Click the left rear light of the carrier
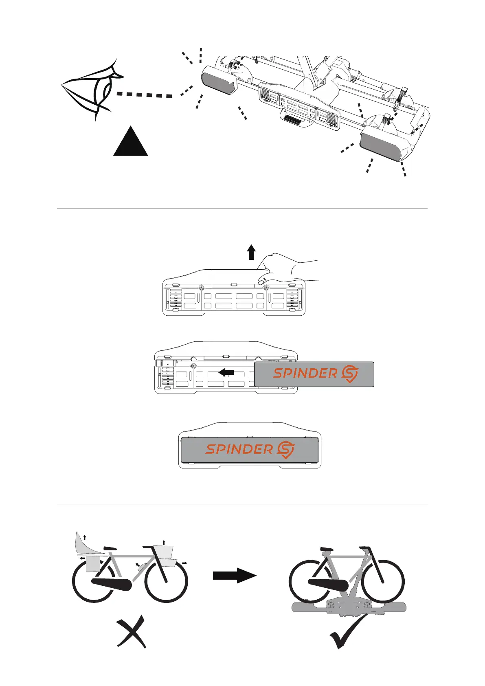pos(218,81)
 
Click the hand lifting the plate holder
pos(285,268)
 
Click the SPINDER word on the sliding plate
pos(305,373)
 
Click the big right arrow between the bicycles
pos(235,576)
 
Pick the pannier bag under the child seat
pos(93,564)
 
